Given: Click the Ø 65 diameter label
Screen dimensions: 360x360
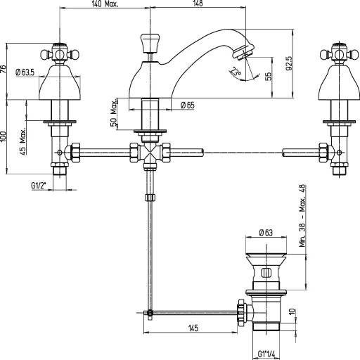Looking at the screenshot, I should point(186,105).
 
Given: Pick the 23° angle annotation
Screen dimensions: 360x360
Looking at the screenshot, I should point(236,72).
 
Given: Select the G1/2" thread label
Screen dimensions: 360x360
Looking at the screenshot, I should point(41,186).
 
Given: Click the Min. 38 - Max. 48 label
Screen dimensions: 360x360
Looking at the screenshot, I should point(302,217).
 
